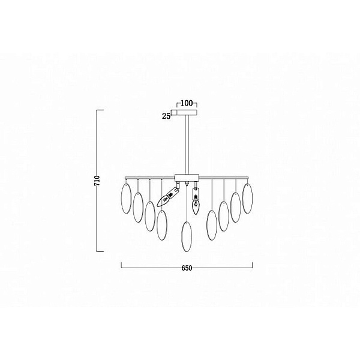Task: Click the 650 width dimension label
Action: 187,268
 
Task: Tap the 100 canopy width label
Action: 187,103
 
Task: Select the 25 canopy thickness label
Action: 166,116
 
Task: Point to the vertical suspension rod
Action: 187,145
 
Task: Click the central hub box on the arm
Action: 187,177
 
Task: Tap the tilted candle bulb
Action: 163,200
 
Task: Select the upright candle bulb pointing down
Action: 195,205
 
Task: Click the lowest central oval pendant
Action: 187,237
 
